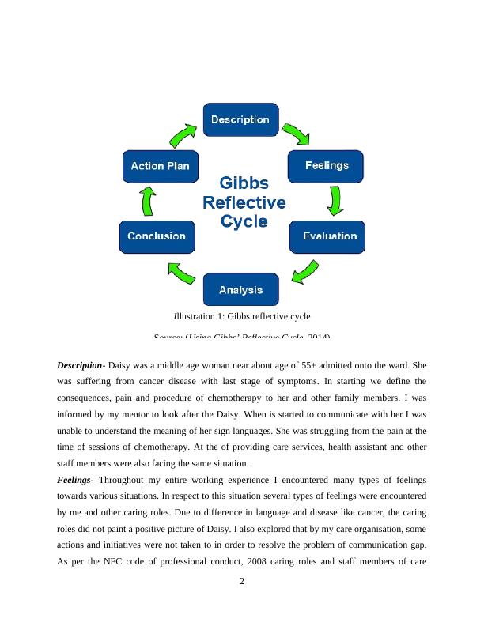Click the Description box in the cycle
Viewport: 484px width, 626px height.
click(x=241, y=119)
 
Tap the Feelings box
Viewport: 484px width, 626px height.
click(x=327, y=165)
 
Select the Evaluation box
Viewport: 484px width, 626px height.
click(x=328, y=236)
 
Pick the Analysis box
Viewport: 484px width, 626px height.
click(x=240, y=290)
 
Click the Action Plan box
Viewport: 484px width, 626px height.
click(x=159, y=166)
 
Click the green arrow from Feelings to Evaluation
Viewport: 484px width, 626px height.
click(x=335, y=200)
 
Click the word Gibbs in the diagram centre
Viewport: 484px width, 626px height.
click(x=244, y=183)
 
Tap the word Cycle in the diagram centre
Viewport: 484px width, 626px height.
click(x=244, y=221)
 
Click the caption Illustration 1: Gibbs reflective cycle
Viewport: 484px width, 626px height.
click(x=242, y=317)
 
